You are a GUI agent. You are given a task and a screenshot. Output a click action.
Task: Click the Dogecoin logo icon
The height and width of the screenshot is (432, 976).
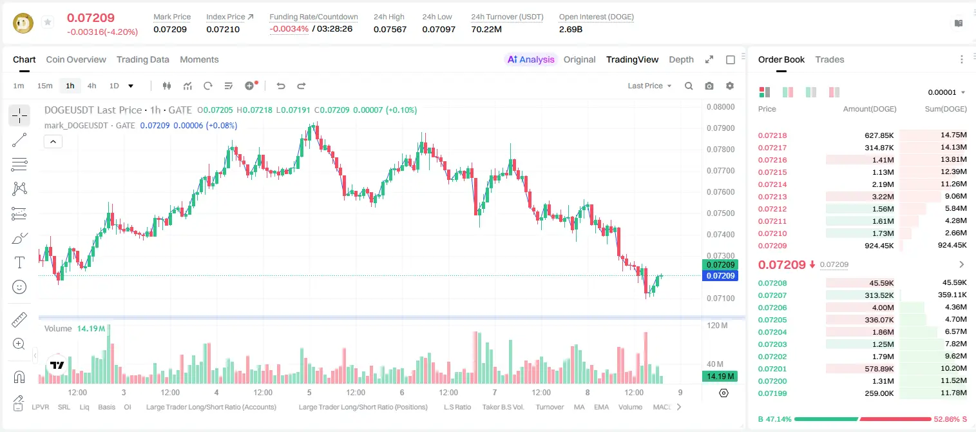[23, 23]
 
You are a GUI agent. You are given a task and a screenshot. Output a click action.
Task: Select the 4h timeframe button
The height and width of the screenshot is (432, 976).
[91, 86]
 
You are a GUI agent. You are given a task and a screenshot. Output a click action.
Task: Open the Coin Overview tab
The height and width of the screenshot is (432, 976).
[76, 59]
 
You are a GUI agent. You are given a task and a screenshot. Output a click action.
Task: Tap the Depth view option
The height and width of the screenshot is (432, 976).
[681, 59]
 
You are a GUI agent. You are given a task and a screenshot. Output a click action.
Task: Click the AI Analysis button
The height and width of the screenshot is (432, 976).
[531, 59]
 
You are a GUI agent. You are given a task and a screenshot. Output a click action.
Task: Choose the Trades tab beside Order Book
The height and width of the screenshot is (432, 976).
[830, 59]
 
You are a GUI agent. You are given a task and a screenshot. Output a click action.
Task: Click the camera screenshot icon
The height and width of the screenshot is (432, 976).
[709, 86]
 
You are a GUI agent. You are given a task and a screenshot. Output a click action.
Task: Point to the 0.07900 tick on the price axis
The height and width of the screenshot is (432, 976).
[721, 128]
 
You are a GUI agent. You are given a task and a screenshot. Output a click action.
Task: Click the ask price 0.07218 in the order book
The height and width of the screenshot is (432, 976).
[772, 135]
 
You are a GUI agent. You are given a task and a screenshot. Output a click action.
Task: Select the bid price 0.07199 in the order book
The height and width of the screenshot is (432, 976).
[772, 393]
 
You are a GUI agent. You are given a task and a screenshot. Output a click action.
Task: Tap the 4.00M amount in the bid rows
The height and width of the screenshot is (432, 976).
[883, 308]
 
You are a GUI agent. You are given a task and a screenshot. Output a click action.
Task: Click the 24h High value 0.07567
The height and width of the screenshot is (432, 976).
[390, 29]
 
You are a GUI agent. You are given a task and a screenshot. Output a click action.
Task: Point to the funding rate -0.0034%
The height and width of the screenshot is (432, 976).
[289, 29]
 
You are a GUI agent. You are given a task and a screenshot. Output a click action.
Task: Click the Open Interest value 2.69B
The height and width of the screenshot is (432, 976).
[571, 29]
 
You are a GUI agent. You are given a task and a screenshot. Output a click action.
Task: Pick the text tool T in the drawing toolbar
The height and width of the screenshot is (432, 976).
[19, 262]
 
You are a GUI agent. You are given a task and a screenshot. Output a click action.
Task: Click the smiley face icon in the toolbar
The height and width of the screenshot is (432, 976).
[19, 287]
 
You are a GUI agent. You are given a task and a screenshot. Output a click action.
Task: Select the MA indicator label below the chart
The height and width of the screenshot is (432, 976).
[579, 407]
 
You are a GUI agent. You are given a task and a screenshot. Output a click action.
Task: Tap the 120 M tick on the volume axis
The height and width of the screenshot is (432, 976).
[717, 325]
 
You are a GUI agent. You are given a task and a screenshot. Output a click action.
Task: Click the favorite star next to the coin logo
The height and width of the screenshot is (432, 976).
[48, 22]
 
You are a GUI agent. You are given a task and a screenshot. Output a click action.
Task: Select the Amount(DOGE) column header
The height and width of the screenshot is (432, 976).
[870, 109]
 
